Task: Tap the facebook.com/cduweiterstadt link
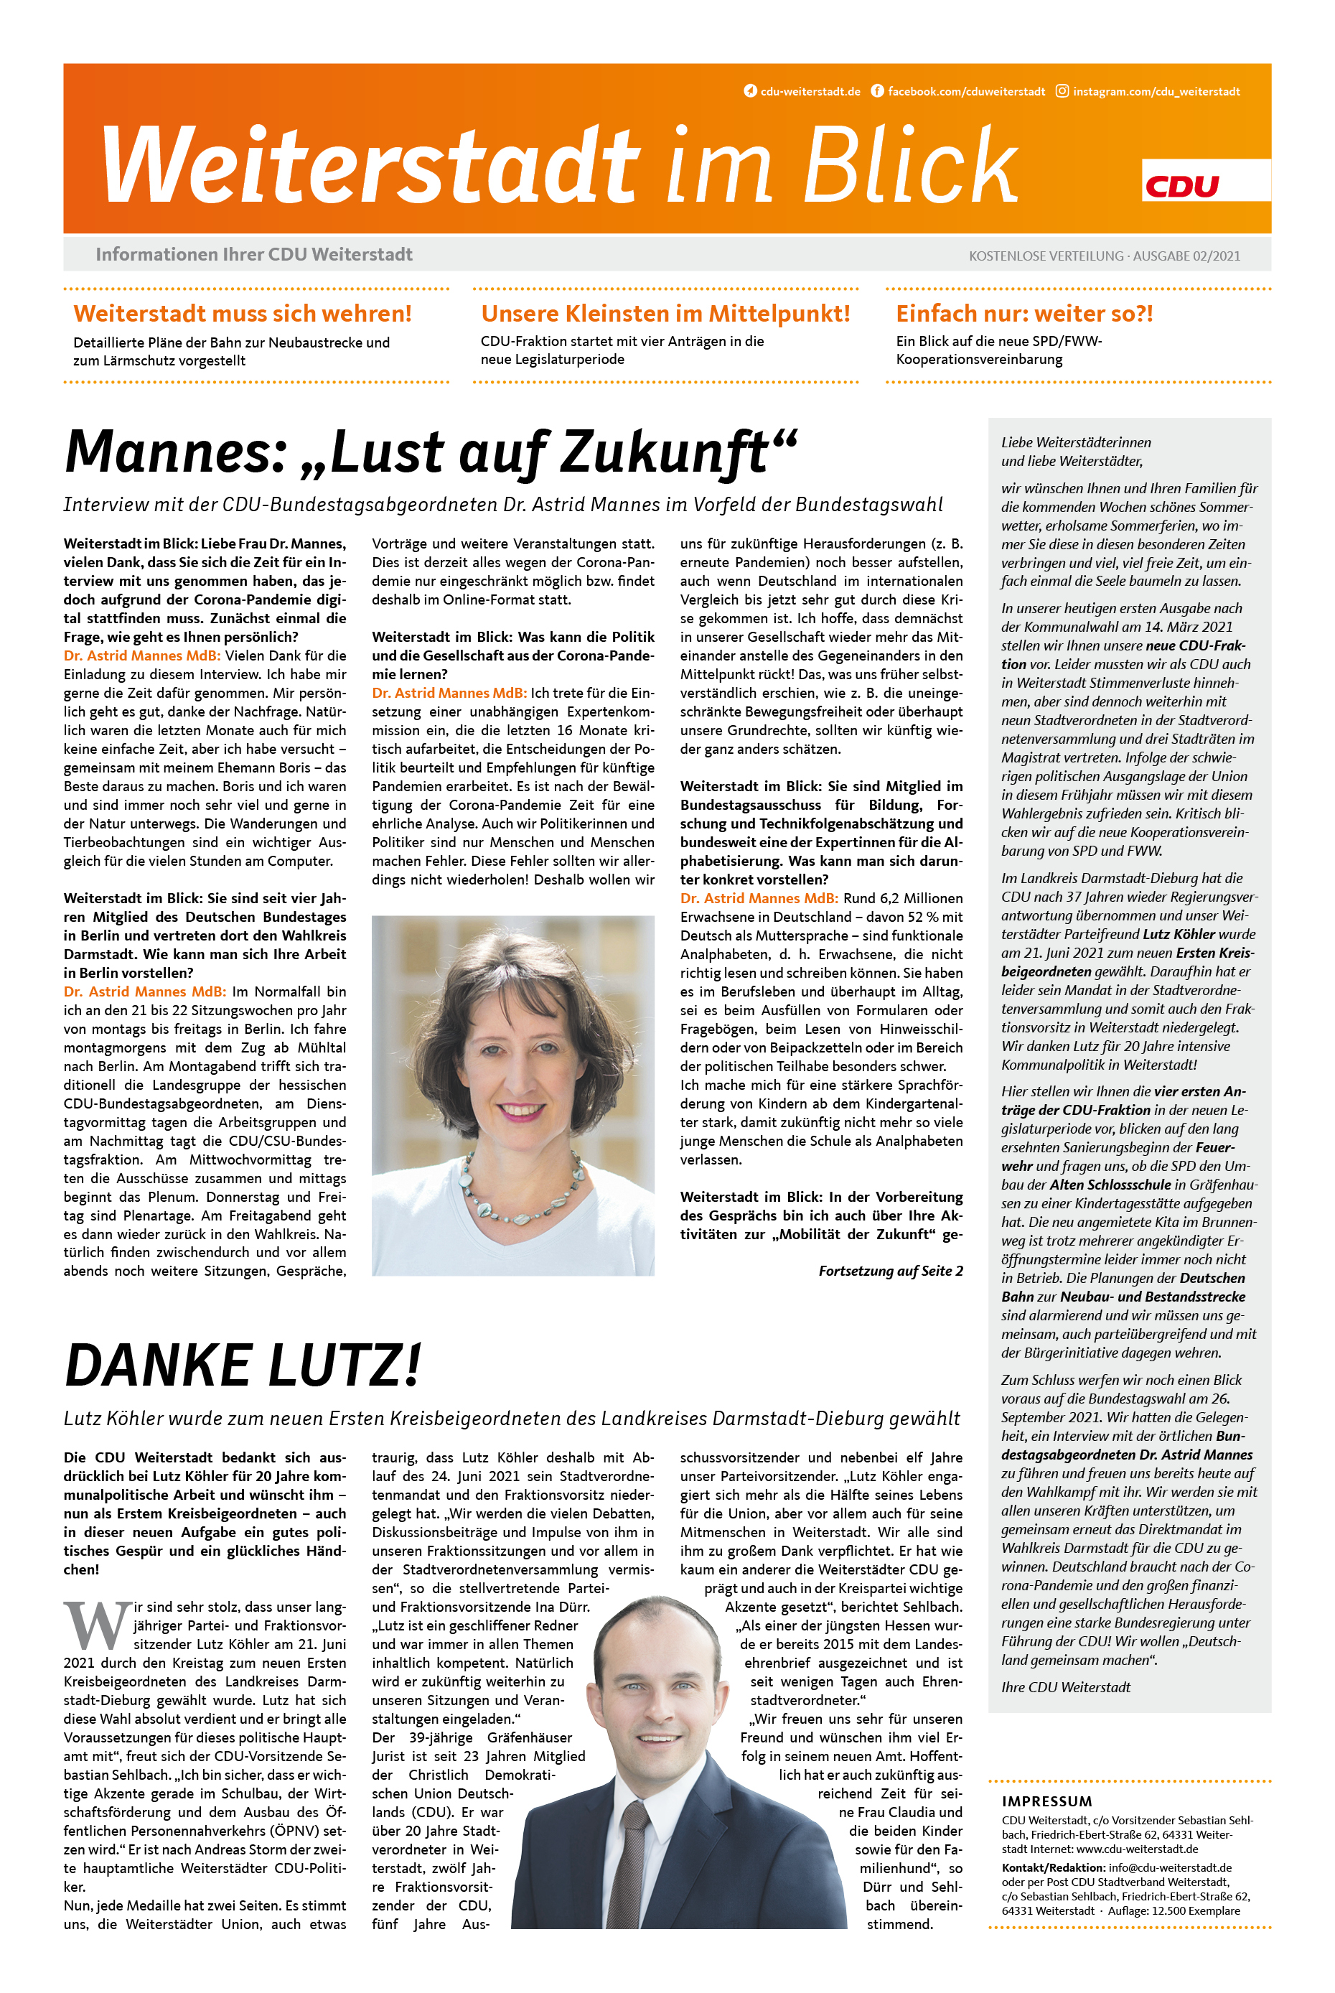point(965,91)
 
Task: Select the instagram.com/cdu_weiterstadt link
point(1156,91)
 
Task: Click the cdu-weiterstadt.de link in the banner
point(810,91)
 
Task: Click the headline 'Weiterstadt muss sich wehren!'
point(243,314)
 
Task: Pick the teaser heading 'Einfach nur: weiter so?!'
point(1024,314)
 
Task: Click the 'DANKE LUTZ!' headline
point(243,1366)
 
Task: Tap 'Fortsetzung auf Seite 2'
point(891,1271)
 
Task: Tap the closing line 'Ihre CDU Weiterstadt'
point(1065,1687)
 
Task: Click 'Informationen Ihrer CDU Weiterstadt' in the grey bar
point(253,255)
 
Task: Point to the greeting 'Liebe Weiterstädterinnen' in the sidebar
point(1075,442)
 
